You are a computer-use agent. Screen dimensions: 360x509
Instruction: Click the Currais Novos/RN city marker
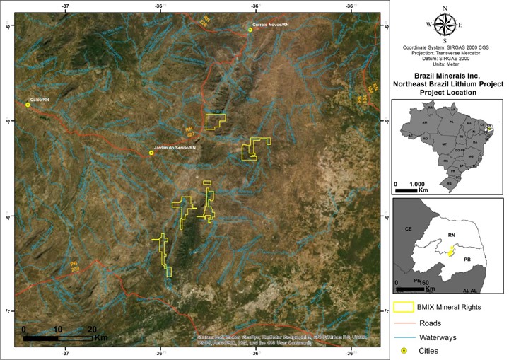point(250,30)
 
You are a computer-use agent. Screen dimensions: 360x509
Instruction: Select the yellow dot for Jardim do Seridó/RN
point(151,152)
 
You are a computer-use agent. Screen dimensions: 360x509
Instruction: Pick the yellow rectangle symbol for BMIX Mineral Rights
point(403,308)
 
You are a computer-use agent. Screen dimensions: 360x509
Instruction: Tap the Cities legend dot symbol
point(403,351)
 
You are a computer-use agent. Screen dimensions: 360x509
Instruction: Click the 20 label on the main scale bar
point(92,329)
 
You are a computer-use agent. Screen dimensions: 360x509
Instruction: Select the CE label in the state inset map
point(408,230)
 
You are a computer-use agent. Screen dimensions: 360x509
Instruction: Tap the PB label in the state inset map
point(467,260)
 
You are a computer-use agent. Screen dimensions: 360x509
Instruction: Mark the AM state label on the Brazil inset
point(426,122)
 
